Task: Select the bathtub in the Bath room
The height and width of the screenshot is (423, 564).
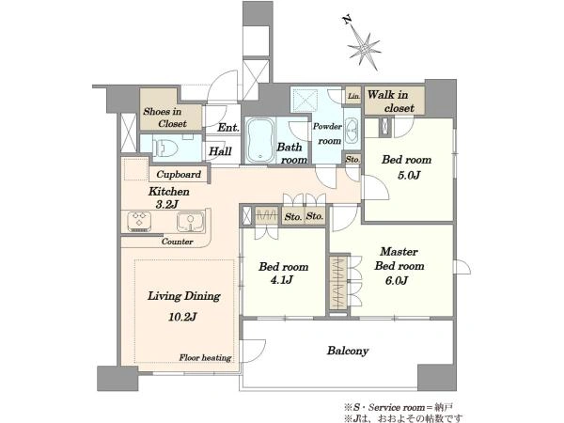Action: pyautogui.click(x=260, y=141)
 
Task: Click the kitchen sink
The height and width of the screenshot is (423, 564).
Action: pyautogui.click(x=190, y=222)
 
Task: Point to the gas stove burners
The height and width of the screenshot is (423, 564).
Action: pyautogui.click(x=139, y=222)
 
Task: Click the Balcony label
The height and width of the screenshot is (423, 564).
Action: pyautogui.click(x=348, y=351)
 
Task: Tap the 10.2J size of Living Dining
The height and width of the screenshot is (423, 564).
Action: pyautogui.click(x=182, y=318)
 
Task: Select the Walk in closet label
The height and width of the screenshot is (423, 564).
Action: pyautogui.click(x=390, y=102)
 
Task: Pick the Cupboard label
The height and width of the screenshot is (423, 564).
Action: pyautogui.click(x=179, y=175)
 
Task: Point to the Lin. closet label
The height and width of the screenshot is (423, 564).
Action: pyautogui.click(x=353, y=97)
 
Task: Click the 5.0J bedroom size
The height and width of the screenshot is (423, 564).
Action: pyautogui.click(x=409, y=176)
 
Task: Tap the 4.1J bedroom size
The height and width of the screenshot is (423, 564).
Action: pyautogui.click(x=282, y=280)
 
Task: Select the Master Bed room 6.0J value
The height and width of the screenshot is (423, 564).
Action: pyautogui.click(x=396, y=280)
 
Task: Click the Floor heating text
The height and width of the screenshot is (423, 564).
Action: pyautogui.click(x=205, y=358)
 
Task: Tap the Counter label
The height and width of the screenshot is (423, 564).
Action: pyautogui.click(x=177, y=242)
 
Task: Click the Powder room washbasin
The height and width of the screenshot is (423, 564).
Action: pyautogui.click(x=351, y=132)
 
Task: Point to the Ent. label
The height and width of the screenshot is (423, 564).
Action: pyautogui.click(x=228, y=128)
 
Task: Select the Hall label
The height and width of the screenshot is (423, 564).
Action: pyautogui.click(x=220, y=151)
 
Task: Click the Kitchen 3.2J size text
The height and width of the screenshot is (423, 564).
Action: pyautogui.click(x=167, y=205)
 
